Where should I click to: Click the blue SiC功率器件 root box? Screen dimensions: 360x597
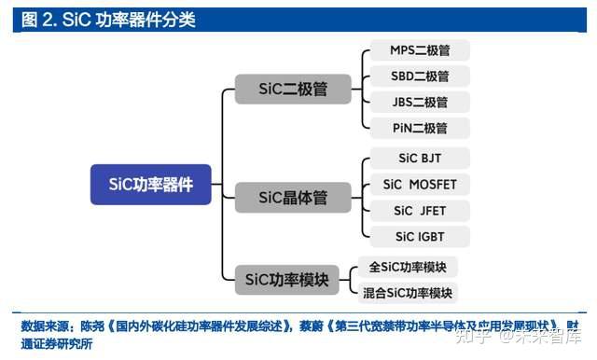150,185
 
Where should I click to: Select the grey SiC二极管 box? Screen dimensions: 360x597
291,90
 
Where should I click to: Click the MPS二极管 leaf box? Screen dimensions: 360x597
419,50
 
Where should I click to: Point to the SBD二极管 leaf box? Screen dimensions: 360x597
419,76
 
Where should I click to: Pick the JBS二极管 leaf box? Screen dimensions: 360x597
419,103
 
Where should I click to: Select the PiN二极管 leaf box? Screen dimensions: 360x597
419,128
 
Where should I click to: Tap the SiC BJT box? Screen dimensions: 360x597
419,158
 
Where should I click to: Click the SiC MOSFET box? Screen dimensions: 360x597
419,184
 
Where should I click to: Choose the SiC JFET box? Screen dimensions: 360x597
419,210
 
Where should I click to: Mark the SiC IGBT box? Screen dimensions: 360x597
419,236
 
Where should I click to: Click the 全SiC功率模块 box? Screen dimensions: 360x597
408,267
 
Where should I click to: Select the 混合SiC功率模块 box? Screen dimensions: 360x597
408,293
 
